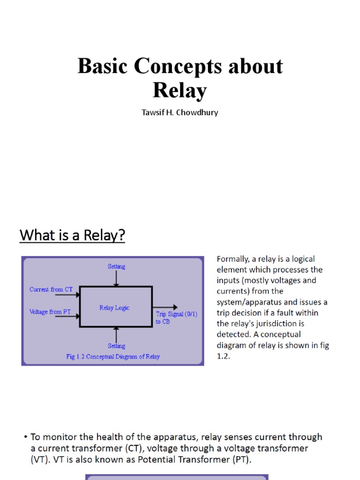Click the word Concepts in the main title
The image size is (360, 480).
178,67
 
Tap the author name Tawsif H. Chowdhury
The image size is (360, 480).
180,112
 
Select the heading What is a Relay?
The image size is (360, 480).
72,235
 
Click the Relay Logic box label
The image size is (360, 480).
114,307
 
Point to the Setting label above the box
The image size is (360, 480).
116,266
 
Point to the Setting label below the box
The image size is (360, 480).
116,345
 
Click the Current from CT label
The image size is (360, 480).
51,289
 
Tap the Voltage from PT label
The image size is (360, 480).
50,312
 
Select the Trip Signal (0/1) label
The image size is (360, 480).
177,314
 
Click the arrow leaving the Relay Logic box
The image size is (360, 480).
165,307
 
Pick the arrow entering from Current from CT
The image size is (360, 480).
67,295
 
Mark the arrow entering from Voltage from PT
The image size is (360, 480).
67,316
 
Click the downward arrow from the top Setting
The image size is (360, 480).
116,278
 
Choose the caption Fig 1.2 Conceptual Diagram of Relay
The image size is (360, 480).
113,357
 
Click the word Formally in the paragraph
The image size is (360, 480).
233,259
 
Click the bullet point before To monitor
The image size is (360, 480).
26,437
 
